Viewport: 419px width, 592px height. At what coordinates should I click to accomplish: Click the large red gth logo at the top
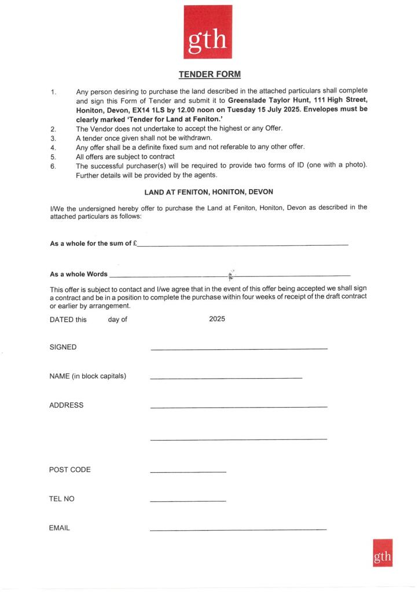coord(208,32)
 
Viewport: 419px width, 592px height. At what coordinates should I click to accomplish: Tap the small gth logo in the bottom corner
coord(383,553)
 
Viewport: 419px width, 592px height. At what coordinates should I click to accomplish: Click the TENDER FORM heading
coord(209,75)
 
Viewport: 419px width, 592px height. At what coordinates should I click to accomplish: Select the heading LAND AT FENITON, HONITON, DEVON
coord(209,191)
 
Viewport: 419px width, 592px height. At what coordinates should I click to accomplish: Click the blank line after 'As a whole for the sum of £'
coord(242,246)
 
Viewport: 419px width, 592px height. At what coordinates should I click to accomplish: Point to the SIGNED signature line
coord(238,349)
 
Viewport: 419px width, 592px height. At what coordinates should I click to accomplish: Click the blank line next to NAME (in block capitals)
coord(226,378)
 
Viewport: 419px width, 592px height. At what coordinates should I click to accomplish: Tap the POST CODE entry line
coord(188,472)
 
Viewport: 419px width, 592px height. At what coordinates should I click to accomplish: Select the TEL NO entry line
coord(188,501)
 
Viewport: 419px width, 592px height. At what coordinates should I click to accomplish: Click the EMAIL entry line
coord(238,530)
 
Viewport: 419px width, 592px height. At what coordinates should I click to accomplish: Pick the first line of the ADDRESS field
coord(238,408)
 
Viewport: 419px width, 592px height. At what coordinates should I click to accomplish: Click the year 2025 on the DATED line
coord(217,319)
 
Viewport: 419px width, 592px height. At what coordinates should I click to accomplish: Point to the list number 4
coord(53,147)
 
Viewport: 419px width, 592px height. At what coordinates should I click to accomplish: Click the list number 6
coord(53,166)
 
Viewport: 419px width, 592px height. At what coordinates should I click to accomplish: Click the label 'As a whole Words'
coord(79,274)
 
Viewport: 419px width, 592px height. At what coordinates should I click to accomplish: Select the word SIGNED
coord(63,347)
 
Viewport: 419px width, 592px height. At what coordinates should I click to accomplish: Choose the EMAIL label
coord(60,528)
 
